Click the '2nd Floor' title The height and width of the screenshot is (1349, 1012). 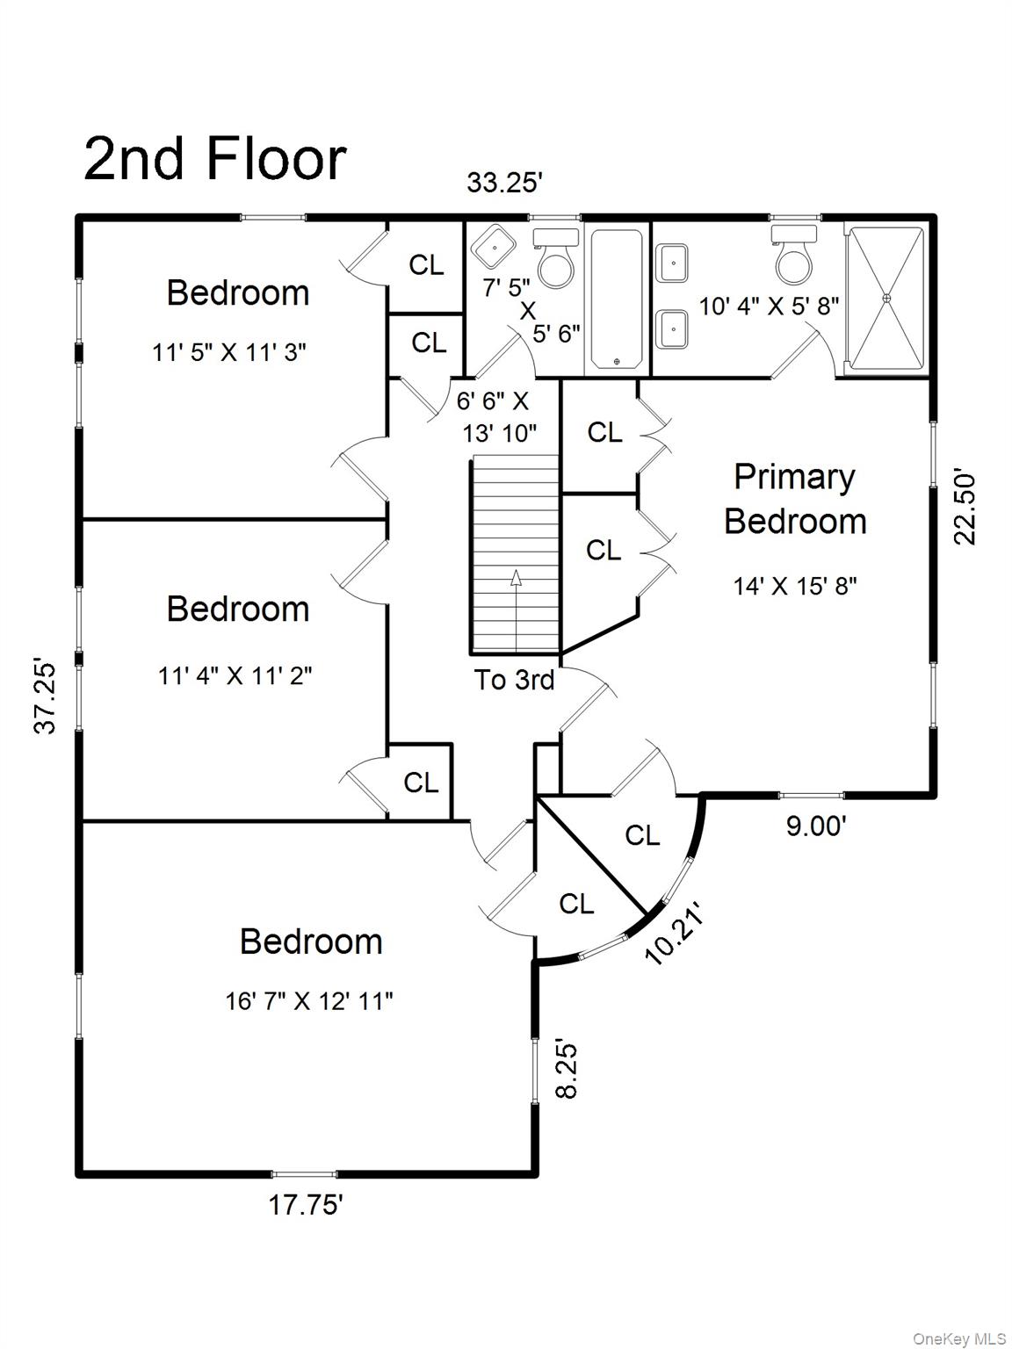coord(215,159)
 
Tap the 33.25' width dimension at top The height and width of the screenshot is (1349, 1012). coord(504,183)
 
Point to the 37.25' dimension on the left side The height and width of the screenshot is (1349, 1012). coord(46,697)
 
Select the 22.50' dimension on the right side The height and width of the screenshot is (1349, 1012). coord(965,508)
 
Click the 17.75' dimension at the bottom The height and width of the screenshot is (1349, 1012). coord(306,1205)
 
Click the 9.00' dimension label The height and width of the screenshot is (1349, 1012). coord(816,826)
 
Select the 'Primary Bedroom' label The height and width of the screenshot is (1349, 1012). coord(795,500)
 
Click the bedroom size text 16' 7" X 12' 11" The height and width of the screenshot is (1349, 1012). coord(309,1002)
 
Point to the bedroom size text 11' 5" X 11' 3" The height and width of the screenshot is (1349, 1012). coord(229,353)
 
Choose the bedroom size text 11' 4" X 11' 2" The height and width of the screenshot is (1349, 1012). coord(235,676)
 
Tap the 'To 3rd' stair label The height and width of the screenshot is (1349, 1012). coord(514,680)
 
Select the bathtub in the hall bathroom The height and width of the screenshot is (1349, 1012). coord(617,299)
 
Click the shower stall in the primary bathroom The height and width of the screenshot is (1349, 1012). coord(886,299)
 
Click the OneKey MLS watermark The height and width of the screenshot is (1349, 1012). coord(959,1334)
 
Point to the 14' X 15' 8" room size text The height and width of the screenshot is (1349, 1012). coord(794,587)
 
